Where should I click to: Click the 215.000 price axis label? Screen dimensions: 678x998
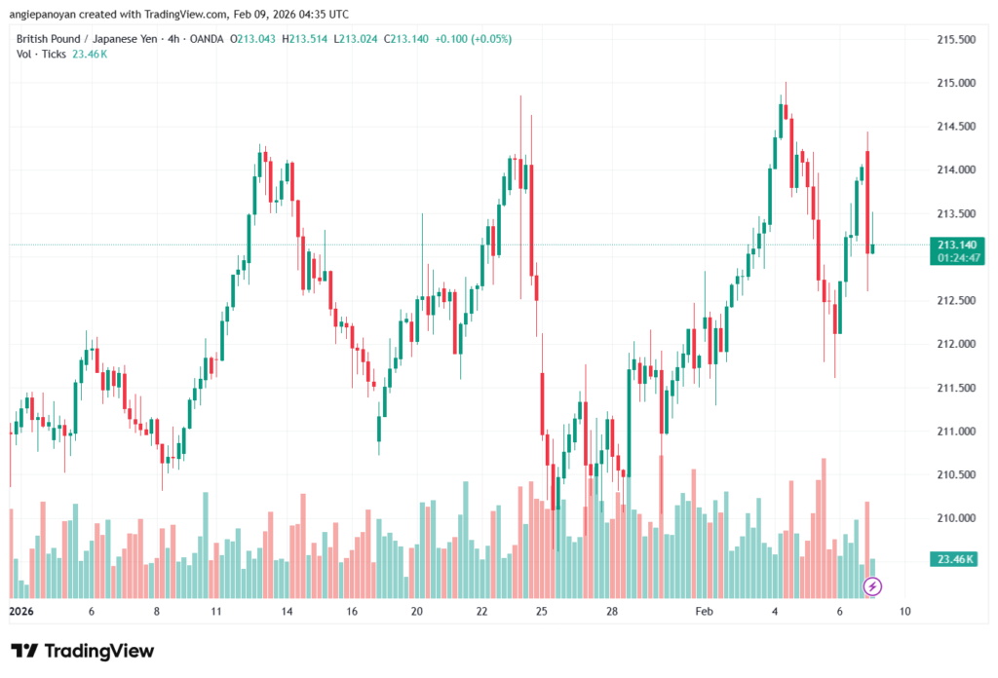pyautogui.click(x=954, y=83)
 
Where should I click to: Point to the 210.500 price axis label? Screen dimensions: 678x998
pyautogui.click(x=954, y=474)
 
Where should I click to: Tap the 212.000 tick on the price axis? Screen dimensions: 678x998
pyautogui.click(x=954, y=344)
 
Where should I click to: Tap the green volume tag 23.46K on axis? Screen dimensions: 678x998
pyautogui.click(x=955, y=559)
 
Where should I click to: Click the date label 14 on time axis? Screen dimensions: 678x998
pyautogui.click(x=287, y=612)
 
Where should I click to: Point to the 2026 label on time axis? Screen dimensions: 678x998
pyautogui.click(x=20, y=612)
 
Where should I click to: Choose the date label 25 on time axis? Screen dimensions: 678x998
pyautogui.click(x=542, y=612)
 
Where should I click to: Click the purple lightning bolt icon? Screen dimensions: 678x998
pyautogui.click(x=873, y=585)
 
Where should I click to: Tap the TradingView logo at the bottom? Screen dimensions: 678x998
pyautogui.click(x=83, y=651)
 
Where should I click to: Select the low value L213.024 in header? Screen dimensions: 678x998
pyautogui.click(x=356, y=39)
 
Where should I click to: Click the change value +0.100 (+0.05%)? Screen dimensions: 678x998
pyautogui.click(x=475, y=39)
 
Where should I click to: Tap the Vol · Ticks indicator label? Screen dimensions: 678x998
pyautogui.click(x=41, y=54)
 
